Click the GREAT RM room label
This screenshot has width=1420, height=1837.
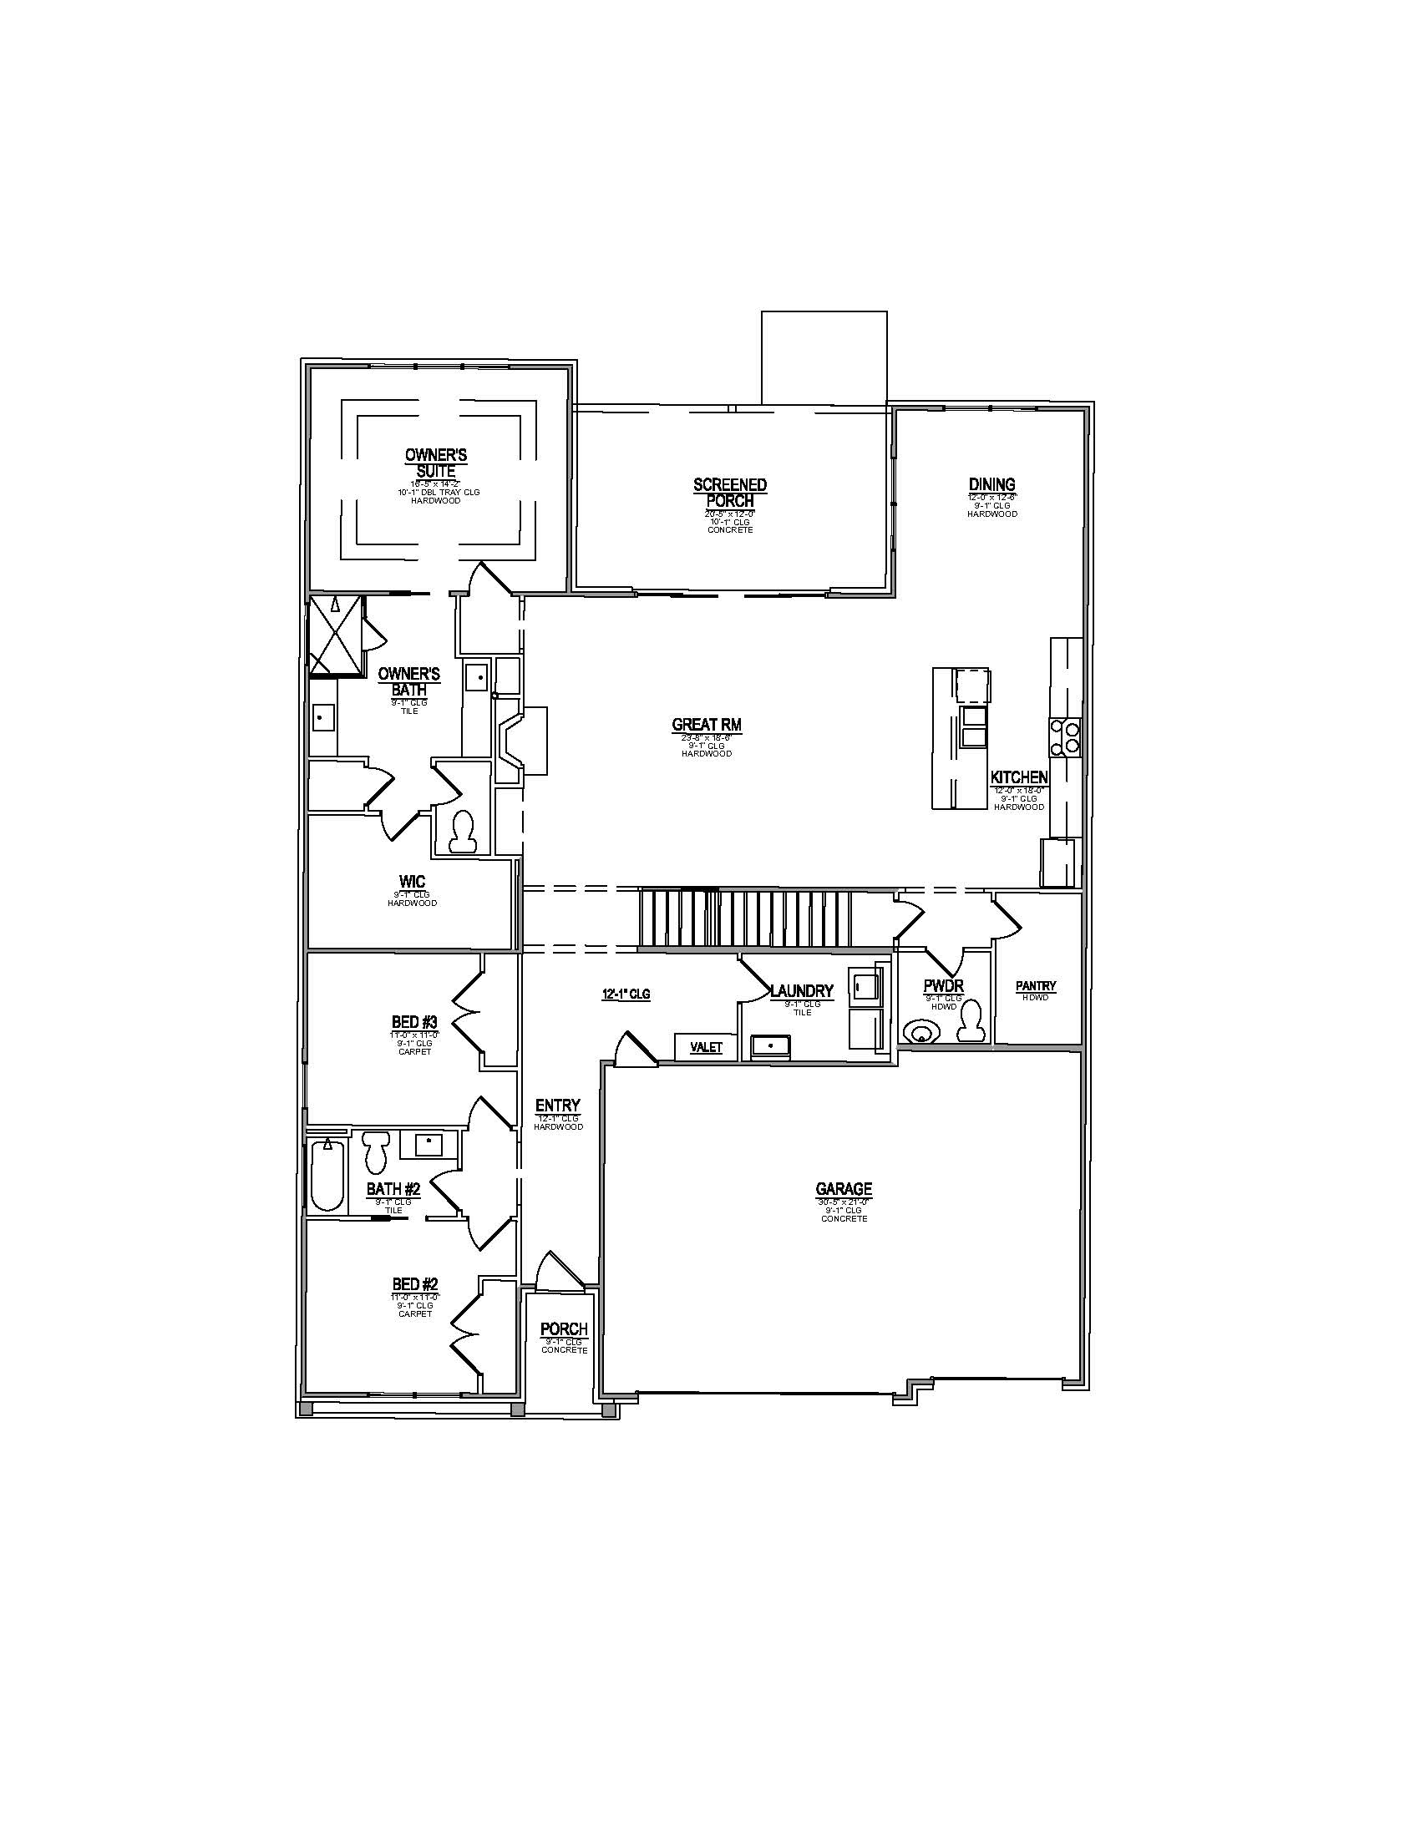(x=707, y=725)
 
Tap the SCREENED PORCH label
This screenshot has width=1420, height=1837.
(x=729, y=493)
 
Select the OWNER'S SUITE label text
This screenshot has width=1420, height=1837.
(x=436, y=463)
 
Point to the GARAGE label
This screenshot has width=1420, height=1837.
(x=844, y=1189)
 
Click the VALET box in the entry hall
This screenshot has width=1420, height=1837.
(x=707, y=1047)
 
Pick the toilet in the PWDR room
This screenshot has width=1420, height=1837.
(x=972, y=1021)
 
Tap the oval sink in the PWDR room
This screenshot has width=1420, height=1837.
(x=921, y=1031)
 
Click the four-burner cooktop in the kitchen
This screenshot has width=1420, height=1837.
(x=1064, y=737)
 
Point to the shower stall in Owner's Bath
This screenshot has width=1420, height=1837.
(x=336, y=636)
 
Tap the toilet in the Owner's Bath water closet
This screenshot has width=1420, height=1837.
(x=461, y=832)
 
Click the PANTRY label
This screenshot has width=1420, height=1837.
(x=1036, y=987)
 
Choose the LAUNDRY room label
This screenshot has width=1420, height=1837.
(x=802, y=992)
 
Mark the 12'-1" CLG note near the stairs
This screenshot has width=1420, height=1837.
(x=626, y=994)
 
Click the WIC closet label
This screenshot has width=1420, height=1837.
(x=412, y=883)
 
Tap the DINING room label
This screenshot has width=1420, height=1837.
(x=991, y=484)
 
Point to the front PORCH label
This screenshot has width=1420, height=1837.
(x=564, y=1330)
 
